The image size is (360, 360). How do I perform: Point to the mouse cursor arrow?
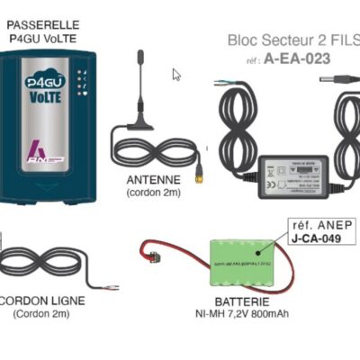pyautogui.click(x=176, y=75)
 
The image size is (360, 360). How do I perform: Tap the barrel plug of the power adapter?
pyautogui.click(x=332, y=80)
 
